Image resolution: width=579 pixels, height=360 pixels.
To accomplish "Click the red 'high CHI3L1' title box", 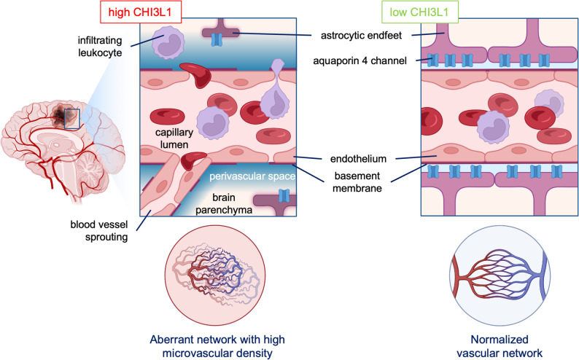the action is tap(140, 12).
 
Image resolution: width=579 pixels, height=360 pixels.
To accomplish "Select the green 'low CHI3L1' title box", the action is tap(419, 12).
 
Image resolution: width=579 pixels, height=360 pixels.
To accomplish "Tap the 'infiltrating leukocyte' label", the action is tap(100, 46).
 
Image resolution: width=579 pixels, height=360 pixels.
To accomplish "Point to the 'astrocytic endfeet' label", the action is tap(361, 36).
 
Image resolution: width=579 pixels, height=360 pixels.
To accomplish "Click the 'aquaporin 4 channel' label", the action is tap(360, 60).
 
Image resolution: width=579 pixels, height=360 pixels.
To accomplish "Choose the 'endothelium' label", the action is tap(358, 159).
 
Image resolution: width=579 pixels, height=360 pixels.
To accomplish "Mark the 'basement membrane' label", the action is tap(357, 182).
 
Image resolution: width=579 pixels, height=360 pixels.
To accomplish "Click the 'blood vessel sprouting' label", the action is tap(99, 230).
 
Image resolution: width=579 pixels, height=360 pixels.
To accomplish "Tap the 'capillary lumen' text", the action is tap(174, 138).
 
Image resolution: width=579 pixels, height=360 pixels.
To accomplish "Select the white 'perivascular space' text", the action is tap(252, 176).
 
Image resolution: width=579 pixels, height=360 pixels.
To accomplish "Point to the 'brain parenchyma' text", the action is tap(224, 203).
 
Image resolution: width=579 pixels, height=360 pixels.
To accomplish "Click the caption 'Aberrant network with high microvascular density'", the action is tap(217, 346).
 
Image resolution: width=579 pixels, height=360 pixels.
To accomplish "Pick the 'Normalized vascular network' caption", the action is tap(500, 346).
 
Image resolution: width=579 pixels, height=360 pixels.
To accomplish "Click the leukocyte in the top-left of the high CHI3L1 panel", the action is tap(168, 42).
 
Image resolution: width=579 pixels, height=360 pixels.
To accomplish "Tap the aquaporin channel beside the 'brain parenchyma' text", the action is tap(284, 195).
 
